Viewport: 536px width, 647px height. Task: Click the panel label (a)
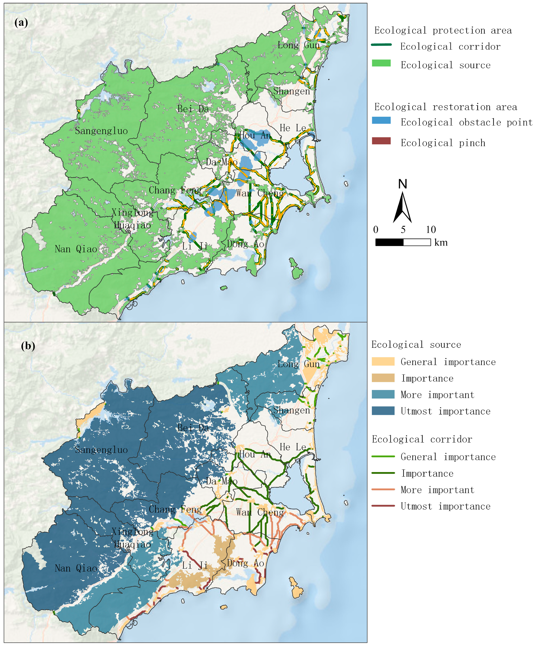pyautogui.click(x=21, y=23)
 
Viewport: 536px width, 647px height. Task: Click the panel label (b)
pyautogui.click(x=28, y=346)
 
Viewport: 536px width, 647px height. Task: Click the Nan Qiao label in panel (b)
pyautogui.click(x=76, y=568)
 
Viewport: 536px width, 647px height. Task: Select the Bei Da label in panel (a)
pyautogui.click(x=193, y=109)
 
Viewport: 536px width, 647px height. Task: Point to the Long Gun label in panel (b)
pyautogui.click(x=298, y=364)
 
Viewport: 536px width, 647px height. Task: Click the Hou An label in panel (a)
pyautogui.click(x=255, y=135)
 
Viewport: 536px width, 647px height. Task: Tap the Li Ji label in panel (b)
pyautogui.click(x=194, y=565)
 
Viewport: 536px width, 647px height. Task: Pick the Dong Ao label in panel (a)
pyautogui.click(x=246, y=244)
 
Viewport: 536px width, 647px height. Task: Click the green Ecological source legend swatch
pyautogui.click(x=381, y=63)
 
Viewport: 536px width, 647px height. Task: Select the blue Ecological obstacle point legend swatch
pyautogui.click(x=381, y=120)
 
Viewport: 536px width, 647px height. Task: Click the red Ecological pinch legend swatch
pyautogui.click(x=381, y=141)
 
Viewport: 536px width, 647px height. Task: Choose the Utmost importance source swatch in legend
pyautogui.click(x=383, y=411)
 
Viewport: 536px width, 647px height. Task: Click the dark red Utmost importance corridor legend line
pyautogui.click(x=383, y=506)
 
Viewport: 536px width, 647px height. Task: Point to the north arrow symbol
pyautogui.click(x=402, y=206)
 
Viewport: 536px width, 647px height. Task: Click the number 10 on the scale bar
pyautogui.click(x=430, y=229)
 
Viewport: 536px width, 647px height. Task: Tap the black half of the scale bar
pyautogui.click(x=389, y=242)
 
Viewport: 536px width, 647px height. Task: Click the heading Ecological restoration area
pyautogui.click(x=446, y=107)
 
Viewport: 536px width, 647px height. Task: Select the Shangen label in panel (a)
pyautogui.click(x=291, y=91)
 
